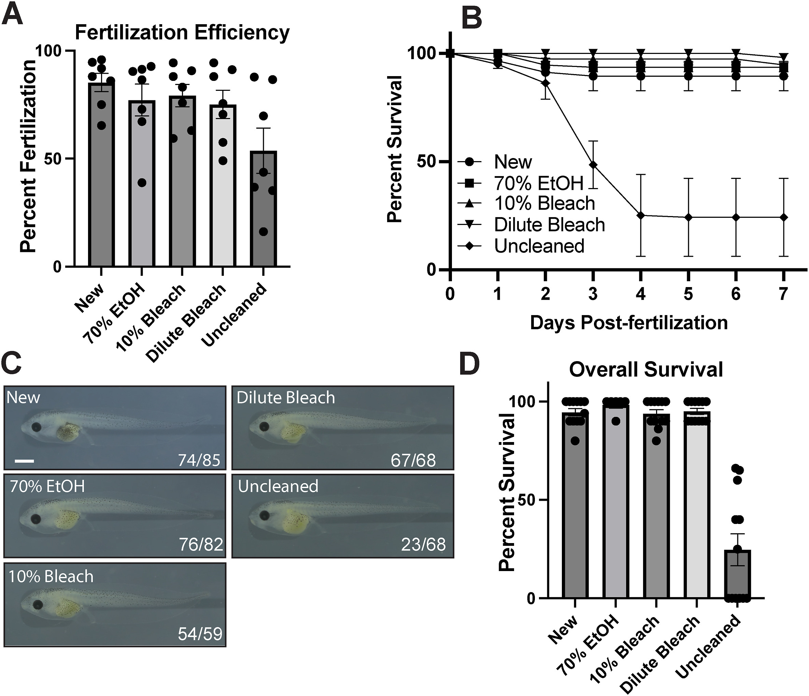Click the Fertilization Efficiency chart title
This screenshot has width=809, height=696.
182,33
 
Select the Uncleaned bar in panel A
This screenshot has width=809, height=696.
264,211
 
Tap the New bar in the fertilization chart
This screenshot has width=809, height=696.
101,176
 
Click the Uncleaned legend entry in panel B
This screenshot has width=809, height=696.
539,246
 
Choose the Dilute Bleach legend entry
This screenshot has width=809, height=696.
549,225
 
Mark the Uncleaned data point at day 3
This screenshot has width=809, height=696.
593,165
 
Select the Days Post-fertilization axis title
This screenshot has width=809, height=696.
629,323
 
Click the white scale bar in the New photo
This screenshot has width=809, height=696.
25,461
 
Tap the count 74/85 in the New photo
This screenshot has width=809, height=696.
199,460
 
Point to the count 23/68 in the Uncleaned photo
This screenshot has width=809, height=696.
423,544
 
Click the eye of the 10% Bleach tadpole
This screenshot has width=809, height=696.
38,605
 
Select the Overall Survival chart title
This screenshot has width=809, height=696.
646,369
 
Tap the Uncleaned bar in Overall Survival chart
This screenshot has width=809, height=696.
738,574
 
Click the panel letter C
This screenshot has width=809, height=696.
13,364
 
